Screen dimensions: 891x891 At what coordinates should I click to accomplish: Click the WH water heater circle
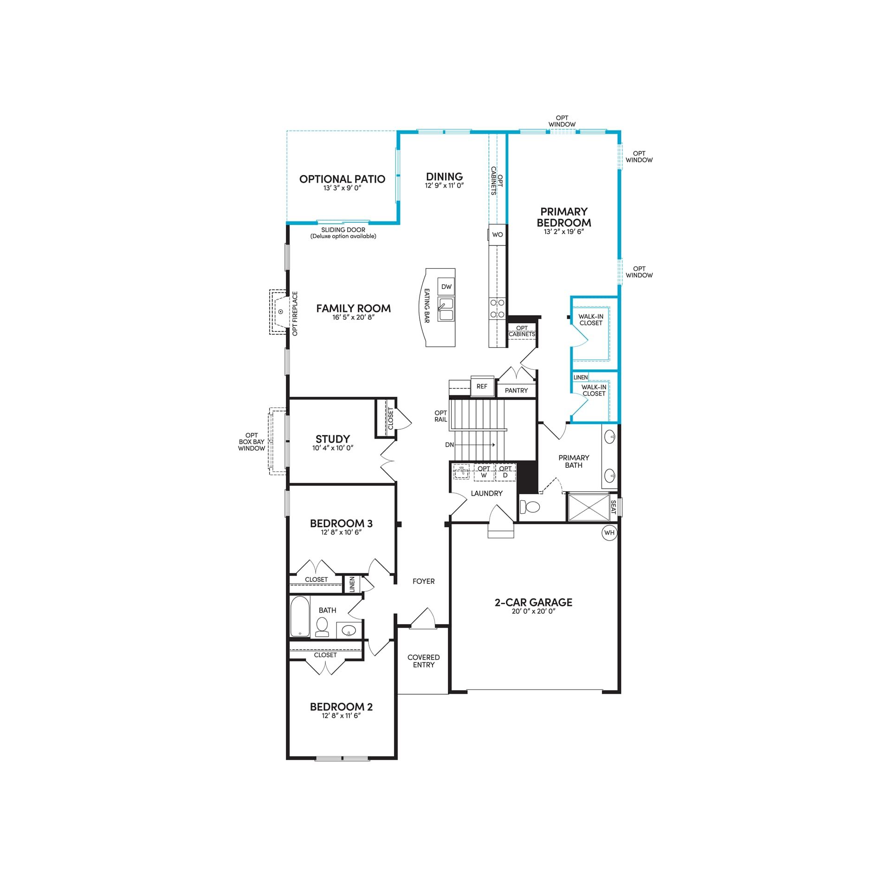pyautogui.click(x=609, y=533)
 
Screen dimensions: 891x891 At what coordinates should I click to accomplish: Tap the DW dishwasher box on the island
pyautogui.click(x=446, y=287)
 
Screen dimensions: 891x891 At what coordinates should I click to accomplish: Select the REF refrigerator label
pyautogui.click(x=482, y=386)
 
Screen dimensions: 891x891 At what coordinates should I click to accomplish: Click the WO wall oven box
pyautogui.click(x=497, y=234)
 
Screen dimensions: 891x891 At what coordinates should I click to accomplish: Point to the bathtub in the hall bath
pyautogui.click(x=300, y=616)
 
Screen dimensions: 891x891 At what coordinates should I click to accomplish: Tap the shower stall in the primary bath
pyautogui.click(x=589, y=507)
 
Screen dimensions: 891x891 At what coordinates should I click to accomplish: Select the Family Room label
pyautogui.click(x=354, y=308)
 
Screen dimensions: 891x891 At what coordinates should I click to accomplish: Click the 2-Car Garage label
pyautogui.click(x=534, y=602)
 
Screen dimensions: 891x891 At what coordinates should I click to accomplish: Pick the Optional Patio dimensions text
pyautogui.click(x=342, y=188)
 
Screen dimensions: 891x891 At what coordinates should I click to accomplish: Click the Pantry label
pyautogui.click(x=517, y=391)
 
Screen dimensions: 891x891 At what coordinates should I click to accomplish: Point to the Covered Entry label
pyautogui.click(x=424, y=661)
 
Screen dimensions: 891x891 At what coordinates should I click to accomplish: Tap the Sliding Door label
pyautogui.click(x=343, y=230)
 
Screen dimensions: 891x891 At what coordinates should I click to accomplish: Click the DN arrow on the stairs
pyautogui.click(x=476, y=445)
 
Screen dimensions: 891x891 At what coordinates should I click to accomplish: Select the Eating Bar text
pyautogui.click(x=427, y=306)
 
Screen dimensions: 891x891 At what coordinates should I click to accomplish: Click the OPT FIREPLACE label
pyautogui.click(x=295, y=313)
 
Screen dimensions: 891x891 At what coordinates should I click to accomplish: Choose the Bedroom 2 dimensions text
pyautogui.click(x=342, y=716)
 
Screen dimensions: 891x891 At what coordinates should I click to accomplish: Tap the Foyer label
pyautogui.click(x=424, y=581)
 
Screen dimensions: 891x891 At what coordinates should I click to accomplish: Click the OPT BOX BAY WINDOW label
pyautogui.click(x=252, y=442)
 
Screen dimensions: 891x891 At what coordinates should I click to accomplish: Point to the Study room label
pyautogui.click(x=333, y=439)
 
